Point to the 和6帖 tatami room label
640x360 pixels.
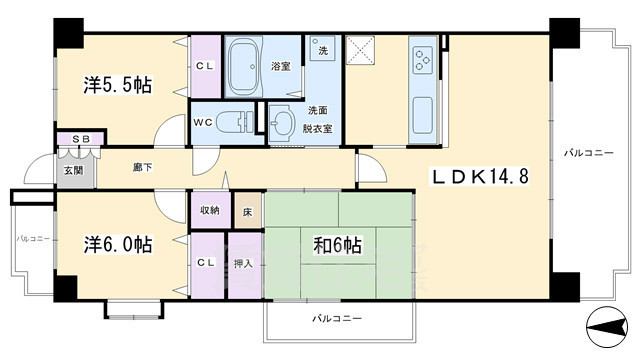pos(338,244)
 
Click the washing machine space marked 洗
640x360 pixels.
pos(322,50)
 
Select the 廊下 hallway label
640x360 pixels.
pos(141,167)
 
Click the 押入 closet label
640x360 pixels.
pos(244,264)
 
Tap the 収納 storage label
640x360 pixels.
pos(209,211)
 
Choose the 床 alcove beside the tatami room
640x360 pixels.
pos(247,211)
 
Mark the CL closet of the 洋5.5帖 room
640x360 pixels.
pos(204,67)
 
